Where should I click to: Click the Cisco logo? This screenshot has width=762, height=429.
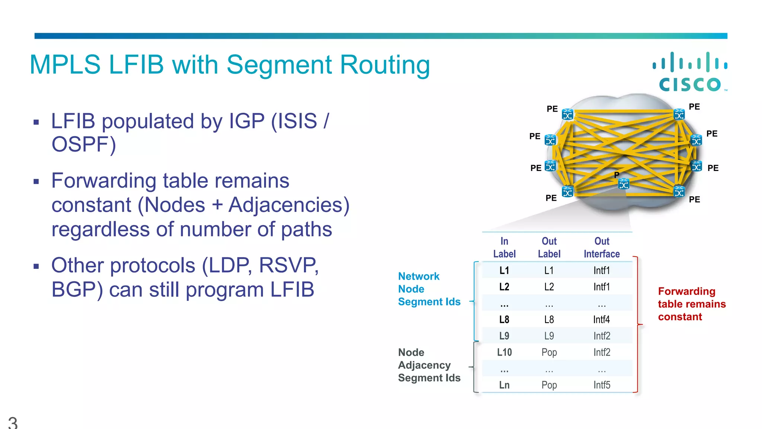click(x=690, y=72)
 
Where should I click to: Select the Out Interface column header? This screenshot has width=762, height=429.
click(x=602, y=248)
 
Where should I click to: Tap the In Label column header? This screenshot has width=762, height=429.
click(x=504, y=248)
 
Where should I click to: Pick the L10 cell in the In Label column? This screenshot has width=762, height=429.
click(x=504, y=352)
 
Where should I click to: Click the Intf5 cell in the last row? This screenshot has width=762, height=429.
click(x=602, y=385)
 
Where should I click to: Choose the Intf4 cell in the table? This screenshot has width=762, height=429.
click(x=602, y=320)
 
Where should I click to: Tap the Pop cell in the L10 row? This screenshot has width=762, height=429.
click(x=549, y=352)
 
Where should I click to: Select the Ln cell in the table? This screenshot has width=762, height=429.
click(x=504, y=385)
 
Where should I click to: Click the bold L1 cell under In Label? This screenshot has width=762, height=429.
click(x=504, y=270)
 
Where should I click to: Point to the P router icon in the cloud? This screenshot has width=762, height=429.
click(x=624, y=184)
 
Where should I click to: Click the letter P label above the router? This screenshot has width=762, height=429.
click(x=617, y=175)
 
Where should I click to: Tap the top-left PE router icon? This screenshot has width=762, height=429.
click(x=567, y=114)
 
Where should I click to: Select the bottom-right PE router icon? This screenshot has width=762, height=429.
click(x=679, y=191)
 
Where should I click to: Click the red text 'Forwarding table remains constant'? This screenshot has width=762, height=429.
click(x=691, y=304)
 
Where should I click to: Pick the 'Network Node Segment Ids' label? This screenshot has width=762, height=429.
click(x=429, y=289)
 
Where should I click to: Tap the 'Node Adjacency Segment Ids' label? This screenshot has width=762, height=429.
click(x=429, y=365)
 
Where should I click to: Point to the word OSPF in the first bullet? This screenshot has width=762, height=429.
click(x=84, y=144)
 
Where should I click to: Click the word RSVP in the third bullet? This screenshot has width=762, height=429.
click(x=288, y=266)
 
